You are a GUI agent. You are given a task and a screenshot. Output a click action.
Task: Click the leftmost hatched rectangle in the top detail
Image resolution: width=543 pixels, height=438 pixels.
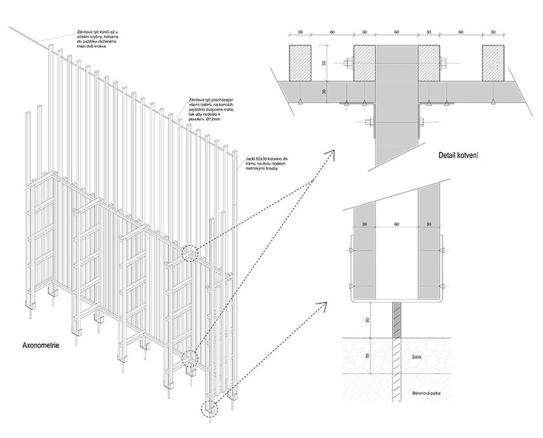coord(305,65)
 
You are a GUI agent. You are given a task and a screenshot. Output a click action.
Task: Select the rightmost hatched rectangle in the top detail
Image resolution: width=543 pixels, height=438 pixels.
coord(498,65)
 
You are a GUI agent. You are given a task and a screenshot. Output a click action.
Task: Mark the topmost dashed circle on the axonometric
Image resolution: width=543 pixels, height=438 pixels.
coord(190,253)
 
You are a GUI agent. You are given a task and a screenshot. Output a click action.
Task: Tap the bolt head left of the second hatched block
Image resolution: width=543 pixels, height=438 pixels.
coord(346,66)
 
